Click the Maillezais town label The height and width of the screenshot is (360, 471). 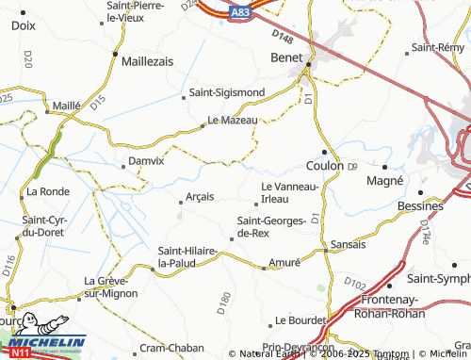(x=148, y=59)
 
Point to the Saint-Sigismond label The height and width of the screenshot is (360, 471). (x=226, y=92)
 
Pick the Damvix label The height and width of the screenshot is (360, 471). (x=145, y=161)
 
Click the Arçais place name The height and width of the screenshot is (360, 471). (x=200, y=196)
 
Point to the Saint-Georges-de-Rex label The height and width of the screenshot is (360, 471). (x=271, y=226)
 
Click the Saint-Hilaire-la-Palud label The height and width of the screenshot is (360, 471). (x=187, y=256)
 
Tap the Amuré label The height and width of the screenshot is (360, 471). (x=284, y=261)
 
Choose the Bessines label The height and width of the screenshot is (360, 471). (x=420, y=205)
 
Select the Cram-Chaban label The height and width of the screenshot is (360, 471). (x=166, y=348)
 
